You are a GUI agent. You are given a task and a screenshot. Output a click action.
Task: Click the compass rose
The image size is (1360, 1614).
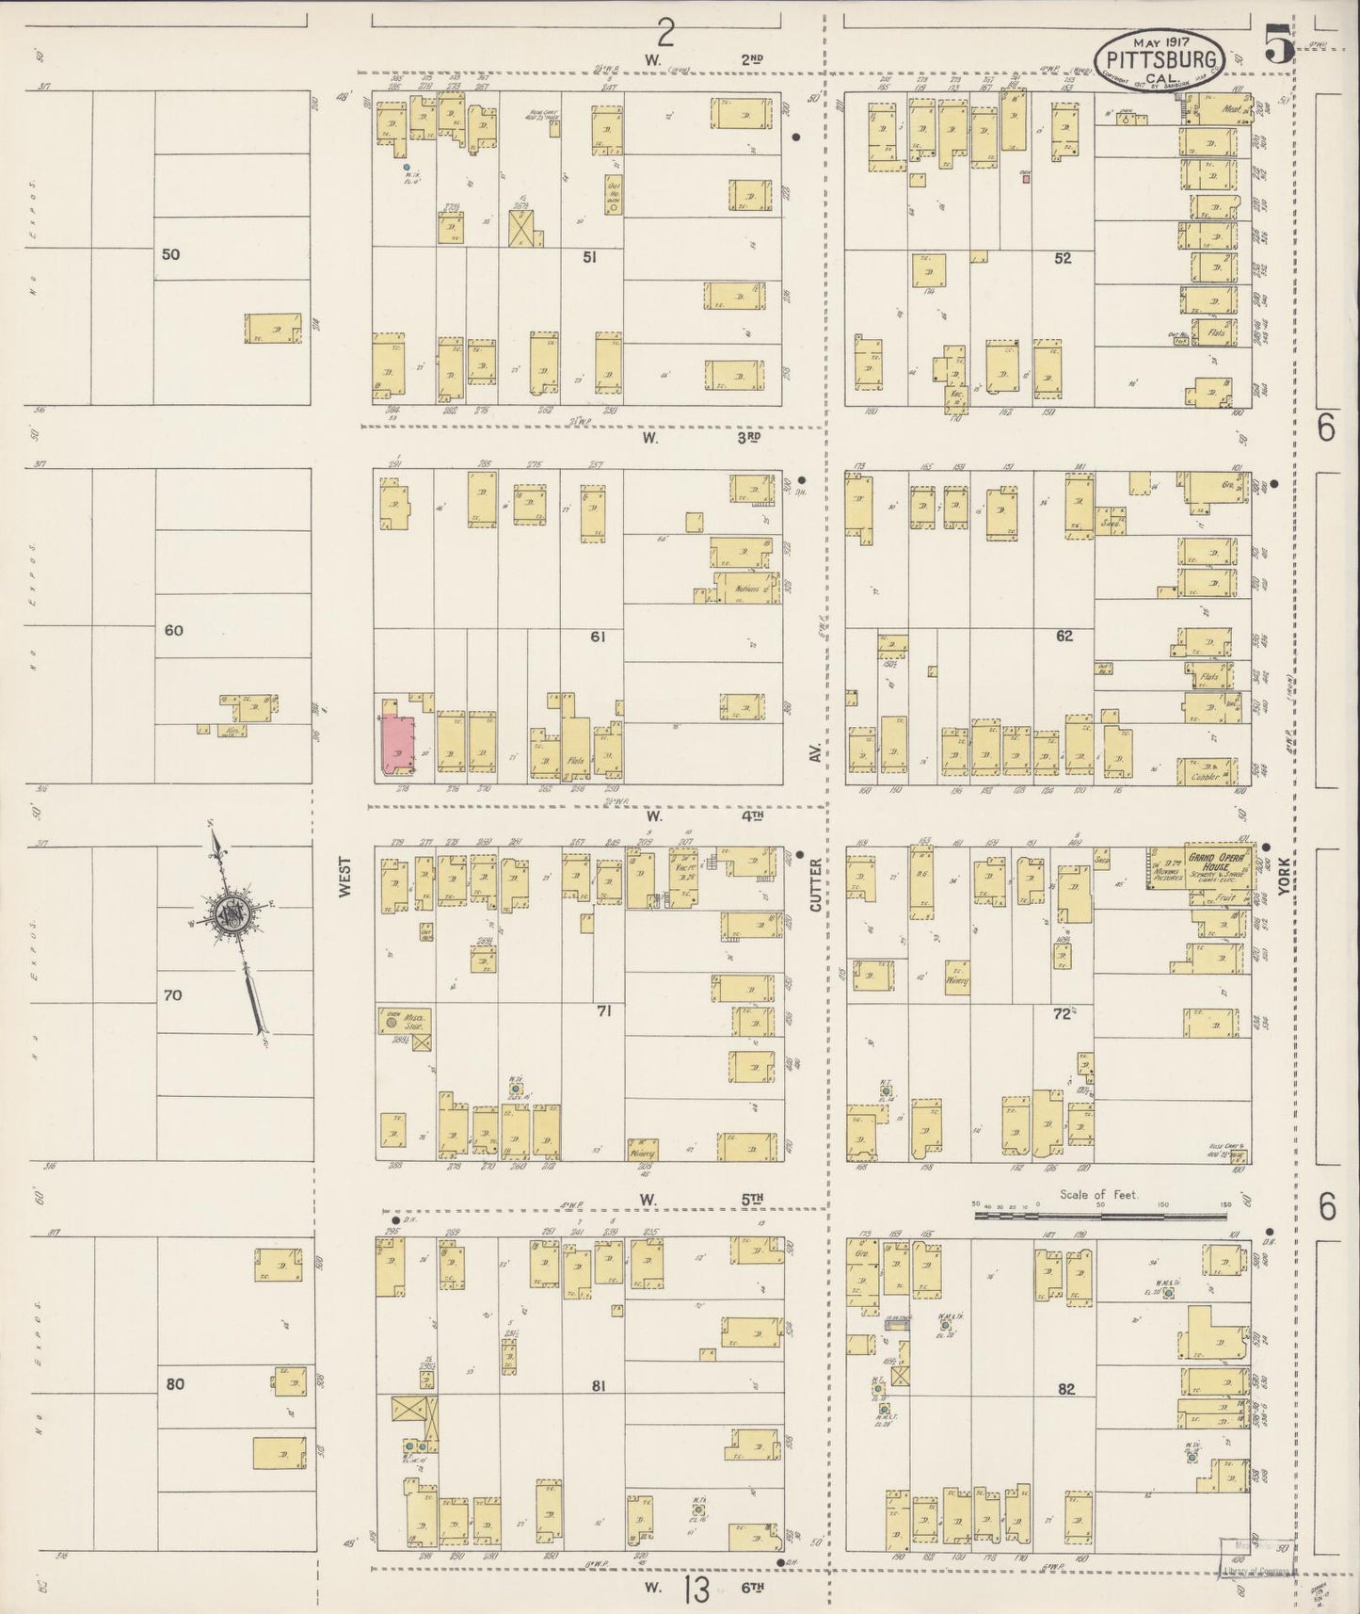[x=232, y=914]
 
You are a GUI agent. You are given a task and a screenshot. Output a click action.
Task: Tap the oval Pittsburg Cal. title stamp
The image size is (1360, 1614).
[x=1160, y=58]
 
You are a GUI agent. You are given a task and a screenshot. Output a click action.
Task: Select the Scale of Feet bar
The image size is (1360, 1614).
[x=1100, y=1215]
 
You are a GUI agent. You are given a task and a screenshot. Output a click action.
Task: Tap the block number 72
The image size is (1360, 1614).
[x=1063, y=1013]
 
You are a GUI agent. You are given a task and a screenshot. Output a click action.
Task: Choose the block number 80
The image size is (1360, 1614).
[x=174, y=1384]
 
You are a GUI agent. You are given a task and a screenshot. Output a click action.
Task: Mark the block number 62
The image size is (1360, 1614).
[x=1064, y=636]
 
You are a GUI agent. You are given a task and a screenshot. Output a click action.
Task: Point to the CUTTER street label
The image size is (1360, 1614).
[x=816, y=889]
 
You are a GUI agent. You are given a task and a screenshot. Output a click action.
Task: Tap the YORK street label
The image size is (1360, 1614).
[x=1281, y=882]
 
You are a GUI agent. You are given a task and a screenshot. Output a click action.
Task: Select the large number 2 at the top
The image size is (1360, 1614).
[x=665, y=35]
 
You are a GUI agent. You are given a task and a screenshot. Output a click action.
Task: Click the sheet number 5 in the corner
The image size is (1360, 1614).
[x=1278, y=45]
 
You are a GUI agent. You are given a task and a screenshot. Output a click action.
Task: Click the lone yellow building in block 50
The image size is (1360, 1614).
[x=273, y=329]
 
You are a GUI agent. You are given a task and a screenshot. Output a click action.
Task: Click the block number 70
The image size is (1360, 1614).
[x=173, y=994]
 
